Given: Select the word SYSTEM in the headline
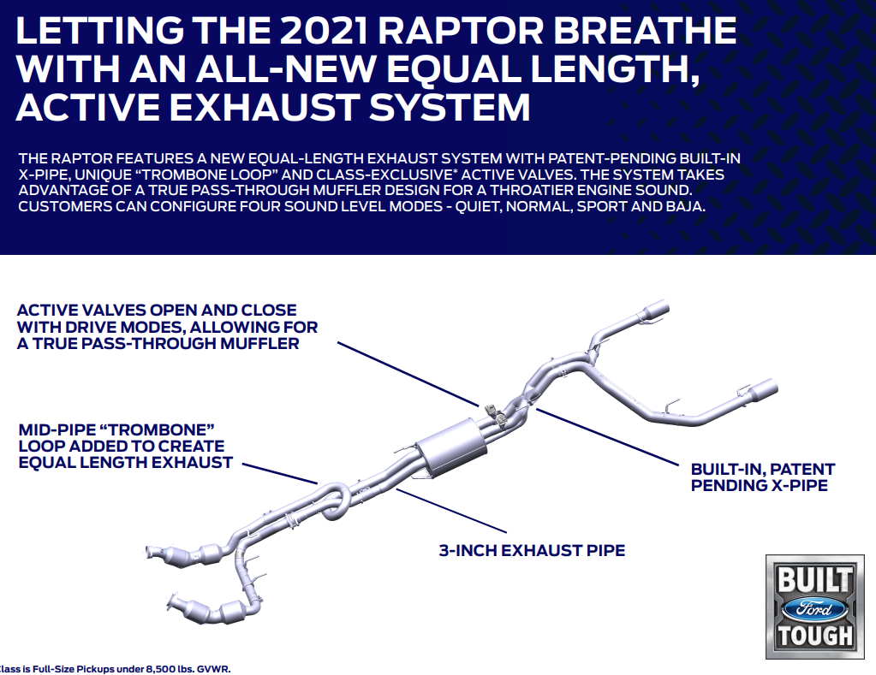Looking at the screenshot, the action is pos(450,107).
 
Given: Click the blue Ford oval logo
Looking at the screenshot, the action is pos(814,608).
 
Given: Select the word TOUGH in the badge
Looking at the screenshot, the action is pos(815,636).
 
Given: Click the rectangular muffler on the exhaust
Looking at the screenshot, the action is pos(451,448).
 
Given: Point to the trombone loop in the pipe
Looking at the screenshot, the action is pos(335,501).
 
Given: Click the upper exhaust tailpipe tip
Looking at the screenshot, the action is pos(656,311).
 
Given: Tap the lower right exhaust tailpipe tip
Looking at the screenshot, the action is pos(763,390).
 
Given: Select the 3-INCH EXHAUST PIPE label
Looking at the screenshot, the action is pos(532,550).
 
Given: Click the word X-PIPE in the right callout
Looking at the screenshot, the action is pos(799,485).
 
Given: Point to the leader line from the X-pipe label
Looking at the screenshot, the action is pos(607,436).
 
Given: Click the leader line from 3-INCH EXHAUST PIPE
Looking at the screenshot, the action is pos(451,510).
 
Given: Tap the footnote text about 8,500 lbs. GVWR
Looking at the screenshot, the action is pos(115,669).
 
